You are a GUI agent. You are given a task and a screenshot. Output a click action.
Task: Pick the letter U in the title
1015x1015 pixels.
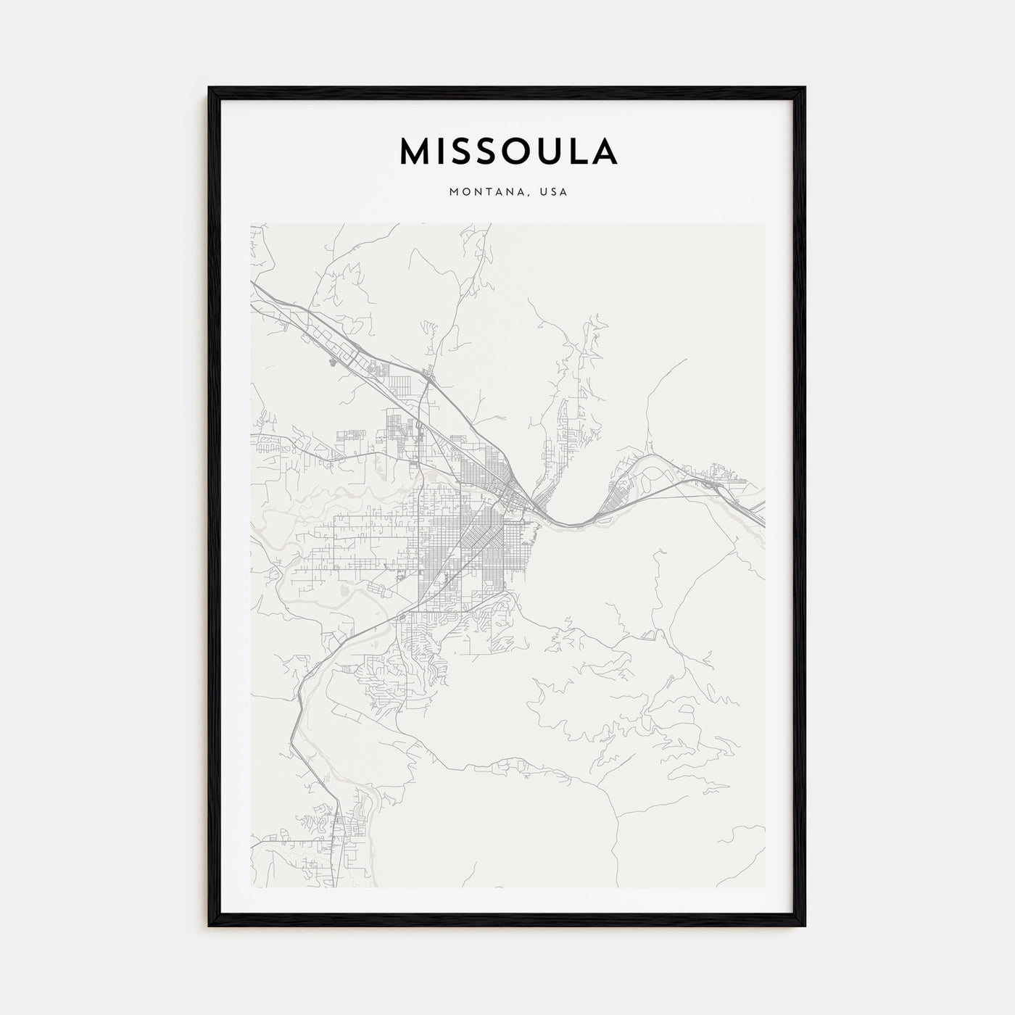pos(553,151)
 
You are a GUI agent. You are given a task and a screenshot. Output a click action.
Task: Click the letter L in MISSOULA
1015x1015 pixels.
pos(580,151)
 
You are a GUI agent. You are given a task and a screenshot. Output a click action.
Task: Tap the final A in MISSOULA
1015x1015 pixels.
pos(605,151)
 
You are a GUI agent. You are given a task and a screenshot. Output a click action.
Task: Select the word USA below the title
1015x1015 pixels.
pos(553,192)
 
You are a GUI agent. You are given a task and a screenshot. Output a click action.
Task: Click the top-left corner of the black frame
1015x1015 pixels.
pos(210,88)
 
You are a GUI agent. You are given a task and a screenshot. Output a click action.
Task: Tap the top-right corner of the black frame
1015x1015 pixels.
pos(804,88)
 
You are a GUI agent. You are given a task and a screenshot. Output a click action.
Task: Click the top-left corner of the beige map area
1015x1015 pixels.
pos(251,223)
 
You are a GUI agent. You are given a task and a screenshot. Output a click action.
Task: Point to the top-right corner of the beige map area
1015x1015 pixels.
pos(765,223)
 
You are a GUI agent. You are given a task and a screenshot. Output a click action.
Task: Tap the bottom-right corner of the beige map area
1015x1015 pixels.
pos(765,887)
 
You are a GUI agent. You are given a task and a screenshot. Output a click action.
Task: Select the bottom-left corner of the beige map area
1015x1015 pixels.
pos(251,887)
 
